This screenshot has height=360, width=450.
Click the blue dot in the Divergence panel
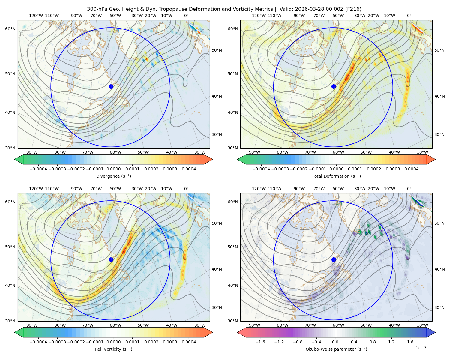pos(111,86)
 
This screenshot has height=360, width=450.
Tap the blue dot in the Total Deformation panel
pos(334,86)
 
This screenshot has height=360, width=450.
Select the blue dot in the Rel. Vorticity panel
pos(111,259)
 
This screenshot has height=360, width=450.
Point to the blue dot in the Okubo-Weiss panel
pos(334,259)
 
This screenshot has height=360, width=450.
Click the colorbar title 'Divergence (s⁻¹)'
pos(113,176)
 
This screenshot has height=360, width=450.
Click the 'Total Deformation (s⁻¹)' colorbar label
pos(336,176)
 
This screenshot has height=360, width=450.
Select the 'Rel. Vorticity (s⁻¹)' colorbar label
pos(113,349)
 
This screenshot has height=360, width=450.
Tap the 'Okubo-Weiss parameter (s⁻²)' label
pos(336,349)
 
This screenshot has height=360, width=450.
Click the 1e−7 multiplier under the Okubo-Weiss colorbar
pos(421,348)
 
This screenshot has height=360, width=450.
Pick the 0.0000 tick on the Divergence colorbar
pos(113,169)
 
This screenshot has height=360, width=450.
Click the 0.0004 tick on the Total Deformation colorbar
pos(412,169)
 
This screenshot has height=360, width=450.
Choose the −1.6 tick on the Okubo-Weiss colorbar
pos(260,342)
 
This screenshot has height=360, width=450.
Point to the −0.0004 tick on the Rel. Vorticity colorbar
pos(38,342)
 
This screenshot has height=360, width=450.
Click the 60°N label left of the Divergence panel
pos(10,29)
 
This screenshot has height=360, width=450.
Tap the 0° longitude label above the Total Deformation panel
pos(409,16)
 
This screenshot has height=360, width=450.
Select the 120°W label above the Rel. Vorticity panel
pos(36,189)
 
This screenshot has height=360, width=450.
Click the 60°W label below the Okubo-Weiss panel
pos(338,325)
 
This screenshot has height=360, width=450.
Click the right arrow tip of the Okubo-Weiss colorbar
pos(435,332)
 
